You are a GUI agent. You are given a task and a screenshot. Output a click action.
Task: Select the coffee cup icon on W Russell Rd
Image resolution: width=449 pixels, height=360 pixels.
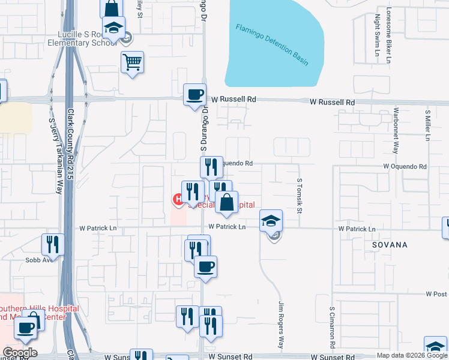[194, 95]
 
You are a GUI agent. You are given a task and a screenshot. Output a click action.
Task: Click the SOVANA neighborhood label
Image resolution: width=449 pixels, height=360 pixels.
[390, 245]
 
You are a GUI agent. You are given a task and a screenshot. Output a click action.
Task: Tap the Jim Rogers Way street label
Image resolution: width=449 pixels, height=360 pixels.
[280, 325]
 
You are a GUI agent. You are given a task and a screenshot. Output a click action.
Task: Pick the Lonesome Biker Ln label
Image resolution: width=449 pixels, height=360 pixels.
[389, 35]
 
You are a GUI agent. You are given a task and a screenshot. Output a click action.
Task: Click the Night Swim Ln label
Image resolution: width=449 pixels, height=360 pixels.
[378, 35]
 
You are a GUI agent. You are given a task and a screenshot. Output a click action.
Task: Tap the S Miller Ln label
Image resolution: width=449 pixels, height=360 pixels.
[427, 125]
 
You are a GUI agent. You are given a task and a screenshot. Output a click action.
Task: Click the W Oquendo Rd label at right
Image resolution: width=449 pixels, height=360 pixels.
[405, 166]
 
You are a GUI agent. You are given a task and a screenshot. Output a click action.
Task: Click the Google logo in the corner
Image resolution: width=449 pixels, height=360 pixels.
[20, 353]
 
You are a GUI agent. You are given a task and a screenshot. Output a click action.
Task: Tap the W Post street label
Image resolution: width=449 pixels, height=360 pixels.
[436, 294]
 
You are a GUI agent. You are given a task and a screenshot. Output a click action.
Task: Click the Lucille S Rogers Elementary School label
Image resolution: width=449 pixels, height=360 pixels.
[84, 39]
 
